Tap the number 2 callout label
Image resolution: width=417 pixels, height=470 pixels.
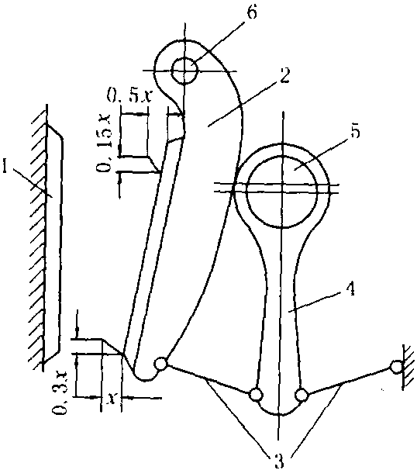click(x=284, y=75)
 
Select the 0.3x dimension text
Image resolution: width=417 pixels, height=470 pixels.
click(x=60, y=392)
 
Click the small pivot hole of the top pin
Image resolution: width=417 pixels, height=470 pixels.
click(x=184, y=71)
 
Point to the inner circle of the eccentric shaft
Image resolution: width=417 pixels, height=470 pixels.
click(x=282, y=192)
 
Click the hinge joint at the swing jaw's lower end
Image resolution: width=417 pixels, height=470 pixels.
click(x=160, y=364)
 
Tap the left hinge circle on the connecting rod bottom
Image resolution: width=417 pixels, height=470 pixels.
click(x=255, y=395)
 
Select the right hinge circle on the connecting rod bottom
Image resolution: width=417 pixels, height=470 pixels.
click(x=302, y=395)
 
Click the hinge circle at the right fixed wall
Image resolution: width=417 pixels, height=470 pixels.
click(x=396, y=367)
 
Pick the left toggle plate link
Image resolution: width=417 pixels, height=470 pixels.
click(x=208, y=379)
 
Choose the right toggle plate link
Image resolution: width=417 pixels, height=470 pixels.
click(x=349, y=381)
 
